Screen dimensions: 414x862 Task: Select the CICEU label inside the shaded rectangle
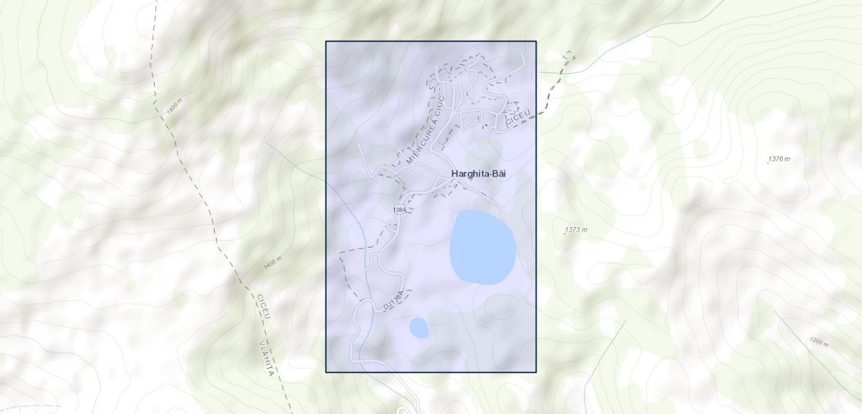pos(517,117)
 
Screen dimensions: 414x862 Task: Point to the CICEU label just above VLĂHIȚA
pos(263,307)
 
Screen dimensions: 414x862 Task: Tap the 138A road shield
pos(399,209)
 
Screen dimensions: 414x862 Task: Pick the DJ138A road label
pos(393,301)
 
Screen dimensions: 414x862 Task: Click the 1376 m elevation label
pos(780,159)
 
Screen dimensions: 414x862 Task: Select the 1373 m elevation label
pos(577,229)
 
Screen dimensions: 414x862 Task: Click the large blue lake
pos(483,247)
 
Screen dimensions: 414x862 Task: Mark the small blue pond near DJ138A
pos(419,328)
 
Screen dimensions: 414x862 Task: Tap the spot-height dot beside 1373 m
pos(565,233)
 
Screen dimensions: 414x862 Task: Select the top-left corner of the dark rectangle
pos(326,41)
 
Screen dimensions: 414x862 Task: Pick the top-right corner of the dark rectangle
pos(536,41)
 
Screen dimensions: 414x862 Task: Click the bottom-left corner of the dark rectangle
pos(326,372)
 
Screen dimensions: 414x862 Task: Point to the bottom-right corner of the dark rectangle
pos(536,372)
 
